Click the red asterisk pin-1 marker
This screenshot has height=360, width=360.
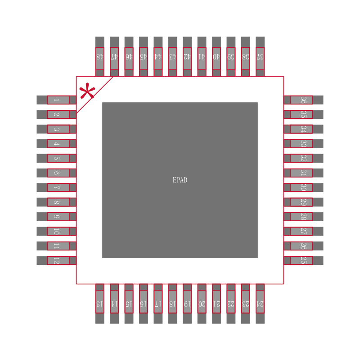coord(87,91)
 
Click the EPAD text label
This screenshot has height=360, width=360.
coord(180,180)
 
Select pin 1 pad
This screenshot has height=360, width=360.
coord(56,100)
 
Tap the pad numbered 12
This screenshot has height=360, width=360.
coord(56,260)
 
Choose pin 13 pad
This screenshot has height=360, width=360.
coord(100,304)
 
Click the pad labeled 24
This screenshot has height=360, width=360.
coord(260,304)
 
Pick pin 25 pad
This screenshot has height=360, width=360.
coord(303,260)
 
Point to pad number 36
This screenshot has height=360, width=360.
coord(303,100)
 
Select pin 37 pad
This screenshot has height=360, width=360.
coord(260,57)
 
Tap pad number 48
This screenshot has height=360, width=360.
coord(100,57)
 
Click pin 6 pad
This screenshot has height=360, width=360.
coord(56,173)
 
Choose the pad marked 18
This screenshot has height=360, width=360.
coord(172,304)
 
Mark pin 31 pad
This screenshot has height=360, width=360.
coord(303,173)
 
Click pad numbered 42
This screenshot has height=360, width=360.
coord(187,57)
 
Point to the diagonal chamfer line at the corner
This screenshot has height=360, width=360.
coord(94,94)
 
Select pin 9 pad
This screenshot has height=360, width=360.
coord(56,217)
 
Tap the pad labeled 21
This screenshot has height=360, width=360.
coord(216,304)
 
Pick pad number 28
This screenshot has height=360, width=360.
coord(303,217)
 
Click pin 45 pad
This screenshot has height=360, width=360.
coord(144,57)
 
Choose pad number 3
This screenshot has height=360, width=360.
coord(56,129)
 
